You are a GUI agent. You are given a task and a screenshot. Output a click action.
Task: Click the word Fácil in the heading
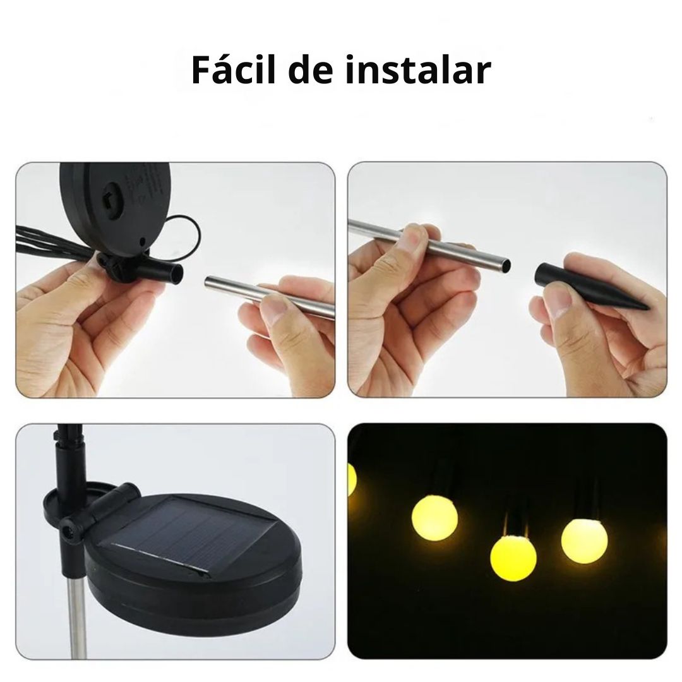(x=232, y=71)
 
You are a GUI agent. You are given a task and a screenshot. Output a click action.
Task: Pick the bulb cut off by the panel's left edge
(x=352, y=479)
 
